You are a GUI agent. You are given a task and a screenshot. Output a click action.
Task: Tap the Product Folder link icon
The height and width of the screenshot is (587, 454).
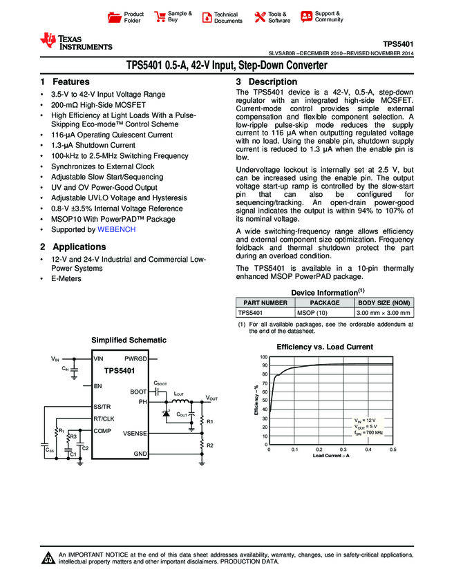(x=115, y=17)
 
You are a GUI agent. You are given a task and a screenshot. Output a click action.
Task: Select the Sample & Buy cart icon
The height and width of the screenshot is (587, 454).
(x=160, y=17)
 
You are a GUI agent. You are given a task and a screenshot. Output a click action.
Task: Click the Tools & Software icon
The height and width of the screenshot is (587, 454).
(x=260, y=17)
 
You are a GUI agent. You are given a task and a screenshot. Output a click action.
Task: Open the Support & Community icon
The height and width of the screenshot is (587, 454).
(x=306, y=17)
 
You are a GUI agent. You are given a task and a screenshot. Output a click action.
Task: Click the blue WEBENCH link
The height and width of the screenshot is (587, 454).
(x=116, y=229)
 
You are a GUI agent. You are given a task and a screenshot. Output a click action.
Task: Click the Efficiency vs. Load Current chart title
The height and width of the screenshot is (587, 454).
(x=325, y=347)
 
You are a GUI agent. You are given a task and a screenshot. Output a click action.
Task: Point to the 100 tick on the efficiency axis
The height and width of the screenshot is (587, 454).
(x=263, y=357)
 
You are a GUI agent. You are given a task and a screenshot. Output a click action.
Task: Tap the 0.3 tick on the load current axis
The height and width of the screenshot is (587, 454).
(x=343, y=450)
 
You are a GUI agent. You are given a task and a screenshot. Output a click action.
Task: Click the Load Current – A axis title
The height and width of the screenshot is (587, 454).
(x=331, y=456)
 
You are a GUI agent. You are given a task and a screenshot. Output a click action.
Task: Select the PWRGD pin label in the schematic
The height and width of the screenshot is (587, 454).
(x=135, y=360)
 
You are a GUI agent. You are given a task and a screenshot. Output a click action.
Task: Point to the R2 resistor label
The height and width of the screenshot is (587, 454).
(x=211, y=445)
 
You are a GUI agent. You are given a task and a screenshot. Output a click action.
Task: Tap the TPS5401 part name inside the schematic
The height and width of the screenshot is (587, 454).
(x=120, y=371)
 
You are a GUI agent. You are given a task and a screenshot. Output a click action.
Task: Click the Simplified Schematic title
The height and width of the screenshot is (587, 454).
(x=129, y=340)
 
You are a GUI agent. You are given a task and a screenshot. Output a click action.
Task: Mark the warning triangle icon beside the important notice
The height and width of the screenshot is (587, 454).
(x=48, y=559)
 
